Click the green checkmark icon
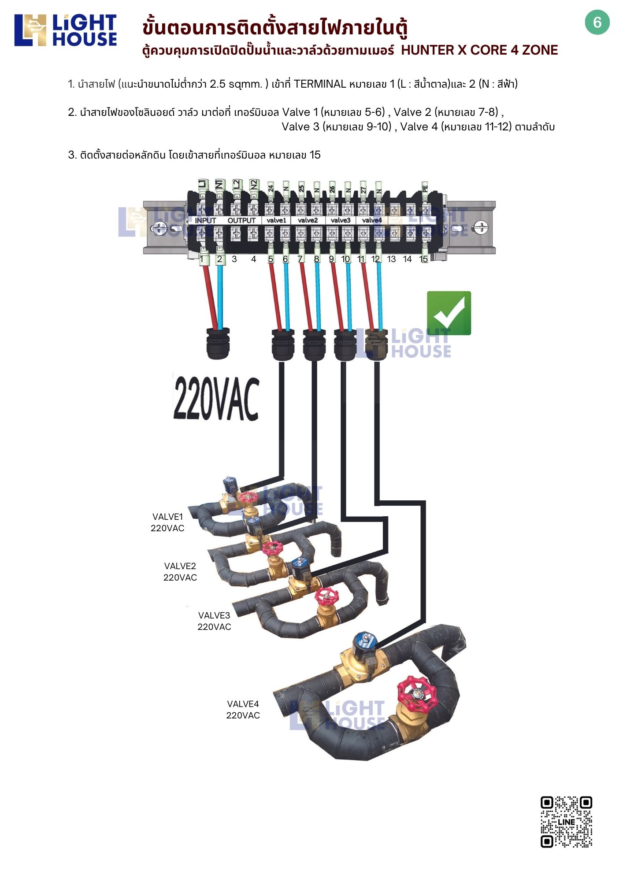coord(449,313)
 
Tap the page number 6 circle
coord(597,23)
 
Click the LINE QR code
coord(566,822)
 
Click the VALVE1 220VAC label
coord(167,522)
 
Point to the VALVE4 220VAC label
coord(243,710)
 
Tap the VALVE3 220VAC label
coord(214,621)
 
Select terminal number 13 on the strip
coord(391,259)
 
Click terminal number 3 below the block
coord(234,259)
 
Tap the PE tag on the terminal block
coord(425,189)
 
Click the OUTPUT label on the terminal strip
coord(241,220)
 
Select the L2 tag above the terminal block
coord(237,185)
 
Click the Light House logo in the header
coord(66,30)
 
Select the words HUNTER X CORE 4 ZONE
coord(479,50)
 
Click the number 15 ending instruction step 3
coord(315,155)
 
